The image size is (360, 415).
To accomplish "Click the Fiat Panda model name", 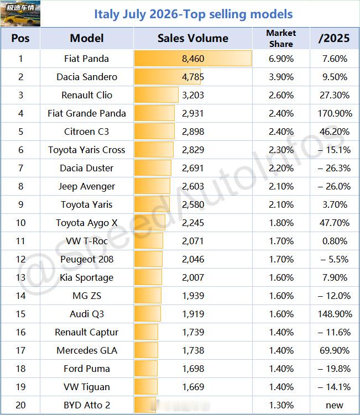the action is click(86, 59).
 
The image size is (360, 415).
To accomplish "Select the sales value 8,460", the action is click(193, 59).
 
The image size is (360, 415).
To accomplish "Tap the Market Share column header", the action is click(281, 38).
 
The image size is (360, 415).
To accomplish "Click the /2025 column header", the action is click(334, 38).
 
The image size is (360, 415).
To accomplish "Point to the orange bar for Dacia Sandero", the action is click(167, 77).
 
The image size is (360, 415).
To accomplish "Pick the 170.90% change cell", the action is click(335, 113).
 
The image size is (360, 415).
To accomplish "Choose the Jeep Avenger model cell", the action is click(87, 186).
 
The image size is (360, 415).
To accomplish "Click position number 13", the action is click(20, 277).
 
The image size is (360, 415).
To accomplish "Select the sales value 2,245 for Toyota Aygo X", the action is click(193, 223).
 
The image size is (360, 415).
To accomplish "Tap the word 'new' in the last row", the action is click(335, 405).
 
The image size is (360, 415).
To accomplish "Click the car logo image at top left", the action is click(20, 13).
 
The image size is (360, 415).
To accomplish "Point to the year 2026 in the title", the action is click(164, 14).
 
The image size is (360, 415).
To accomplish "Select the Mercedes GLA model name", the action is click(87, 350).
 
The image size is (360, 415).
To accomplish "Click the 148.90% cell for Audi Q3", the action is click(335, 314).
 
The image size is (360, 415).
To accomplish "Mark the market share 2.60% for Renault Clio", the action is click(281, 95).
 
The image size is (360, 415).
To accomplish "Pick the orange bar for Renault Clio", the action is click(156, 95).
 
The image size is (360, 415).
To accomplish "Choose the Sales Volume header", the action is click(193, 38).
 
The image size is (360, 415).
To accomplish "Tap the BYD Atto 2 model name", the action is click(87, 405).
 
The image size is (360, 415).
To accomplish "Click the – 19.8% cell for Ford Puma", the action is click(335, 369).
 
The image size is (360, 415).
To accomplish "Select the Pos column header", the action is click(20, 38).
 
